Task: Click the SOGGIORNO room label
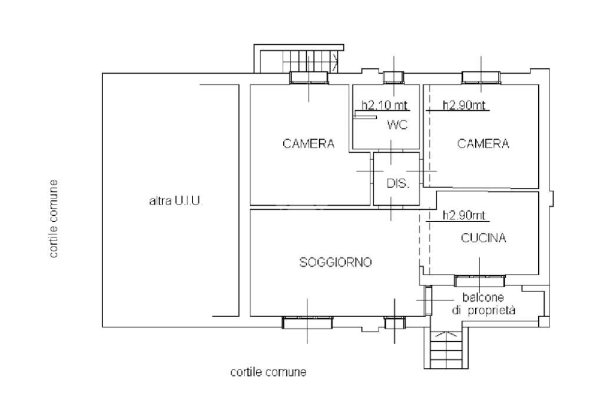pos(335,262)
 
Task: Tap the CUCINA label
pos(483,238)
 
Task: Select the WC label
pos(397,125)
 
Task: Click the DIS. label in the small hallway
pos(397,183)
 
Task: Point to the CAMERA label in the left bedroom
pos(309,143)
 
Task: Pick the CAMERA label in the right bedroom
pos(483,143)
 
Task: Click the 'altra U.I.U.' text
pos(175,201)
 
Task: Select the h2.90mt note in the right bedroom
pos(464,106)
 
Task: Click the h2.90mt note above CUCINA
pos(464,216)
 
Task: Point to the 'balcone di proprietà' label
pos(484,304)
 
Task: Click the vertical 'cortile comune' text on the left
pos(54,219)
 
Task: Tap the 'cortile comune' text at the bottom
pos(268,372)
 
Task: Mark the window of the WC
pos(393,77)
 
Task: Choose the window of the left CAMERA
pos(309,78)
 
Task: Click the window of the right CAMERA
pos(481,77)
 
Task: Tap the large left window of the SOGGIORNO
pos(307,322)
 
